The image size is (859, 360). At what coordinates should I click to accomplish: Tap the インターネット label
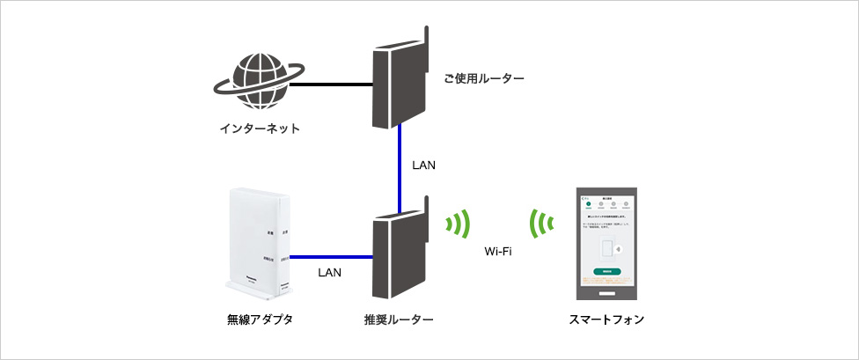260,129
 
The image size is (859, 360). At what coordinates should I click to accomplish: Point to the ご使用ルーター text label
485,80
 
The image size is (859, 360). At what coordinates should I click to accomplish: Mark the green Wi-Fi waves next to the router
458,225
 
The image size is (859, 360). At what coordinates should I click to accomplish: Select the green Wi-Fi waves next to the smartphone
540,225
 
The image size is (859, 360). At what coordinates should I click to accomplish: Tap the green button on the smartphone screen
606,272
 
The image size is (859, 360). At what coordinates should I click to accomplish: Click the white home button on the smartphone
606,293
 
